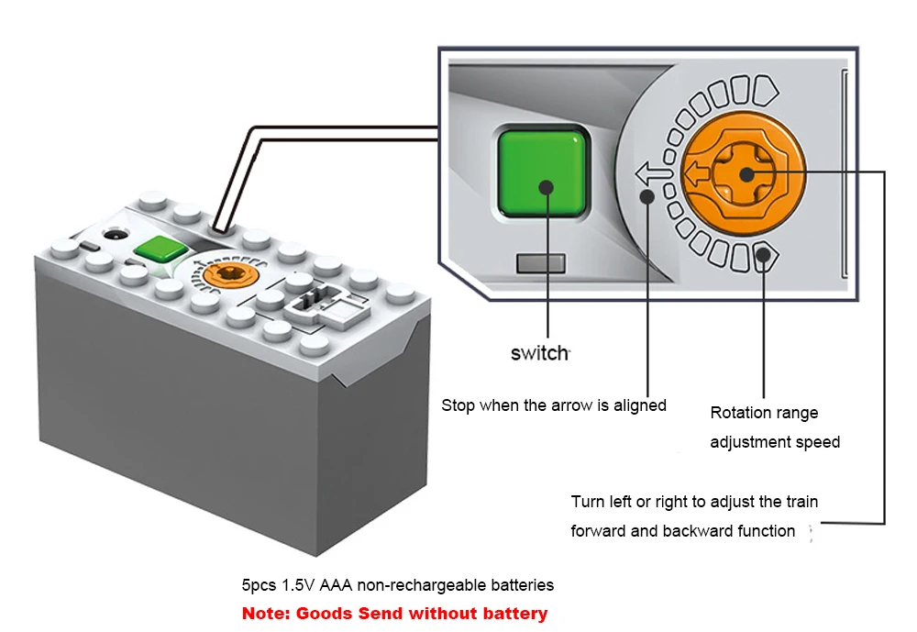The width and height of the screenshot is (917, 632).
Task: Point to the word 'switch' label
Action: [540, 353]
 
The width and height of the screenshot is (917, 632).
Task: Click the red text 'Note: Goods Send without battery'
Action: [394, 614]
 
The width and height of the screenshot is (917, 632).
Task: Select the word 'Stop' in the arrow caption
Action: [458, 405]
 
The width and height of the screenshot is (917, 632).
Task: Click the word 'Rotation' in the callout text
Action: [739, 413]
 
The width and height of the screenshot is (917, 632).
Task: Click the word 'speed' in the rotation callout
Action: [818, 442]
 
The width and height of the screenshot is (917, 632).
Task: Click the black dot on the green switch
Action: [546, 185]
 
